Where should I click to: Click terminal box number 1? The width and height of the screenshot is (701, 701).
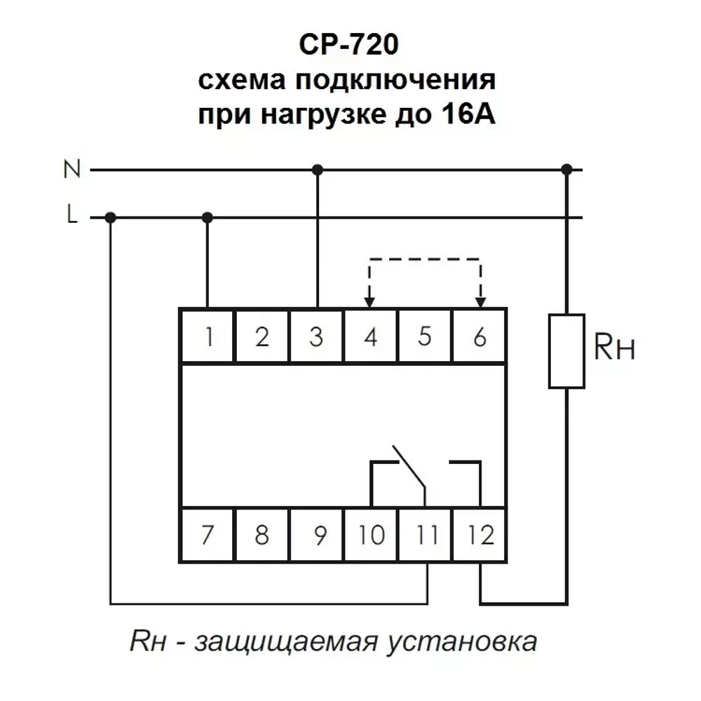[207, 337]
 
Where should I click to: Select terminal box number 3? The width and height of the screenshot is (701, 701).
[317, 337]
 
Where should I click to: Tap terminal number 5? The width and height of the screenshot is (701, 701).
[425, 337]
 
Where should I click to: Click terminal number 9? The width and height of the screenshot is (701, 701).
[317, 536]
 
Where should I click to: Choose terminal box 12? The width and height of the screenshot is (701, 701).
[480, 536]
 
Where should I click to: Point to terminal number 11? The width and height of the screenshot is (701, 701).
[426, 536]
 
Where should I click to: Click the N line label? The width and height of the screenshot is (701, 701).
[72, 169]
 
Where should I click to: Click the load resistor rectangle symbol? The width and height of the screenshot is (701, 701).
[566, 350]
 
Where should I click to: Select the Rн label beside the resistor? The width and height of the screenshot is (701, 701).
[614, 348]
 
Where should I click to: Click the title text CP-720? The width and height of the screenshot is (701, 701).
[348, 46]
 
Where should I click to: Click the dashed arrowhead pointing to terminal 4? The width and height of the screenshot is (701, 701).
[370, 301]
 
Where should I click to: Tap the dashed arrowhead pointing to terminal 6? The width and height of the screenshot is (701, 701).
[480, 301]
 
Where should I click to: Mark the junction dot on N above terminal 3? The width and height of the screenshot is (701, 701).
[317, 169]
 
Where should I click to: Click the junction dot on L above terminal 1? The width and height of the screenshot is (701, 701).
[207, 217]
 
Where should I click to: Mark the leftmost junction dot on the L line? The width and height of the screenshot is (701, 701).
[110, 217]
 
